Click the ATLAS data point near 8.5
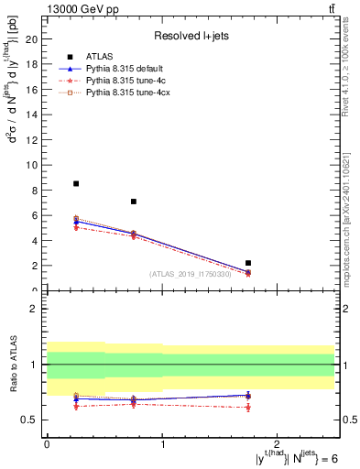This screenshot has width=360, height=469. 76,183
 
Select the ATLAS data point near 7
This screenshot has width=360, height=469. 134,202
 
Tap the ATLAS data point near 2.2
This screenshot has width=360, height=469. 248,263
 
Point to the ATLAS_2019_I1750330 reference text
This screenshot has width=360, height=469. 190,273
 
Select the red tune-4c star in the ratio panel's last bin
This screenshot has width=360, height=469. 248,407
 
